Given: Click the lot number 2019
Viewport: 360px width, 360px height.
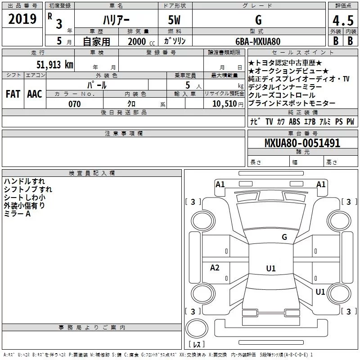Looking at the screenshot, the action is [x=22, y=19].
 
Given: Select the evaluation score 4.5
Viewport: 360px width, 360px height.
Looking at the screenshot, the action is [x=342, y=20].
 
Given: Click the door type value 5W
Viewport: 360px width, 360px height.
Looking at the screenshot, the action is [x=175, y=20].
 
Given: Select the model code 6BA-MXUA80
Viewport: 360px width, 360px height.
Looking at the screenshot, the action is [x=258, y=41].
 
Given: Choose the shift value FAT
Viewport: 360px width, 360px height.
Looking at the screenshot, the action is [x=13, y=94].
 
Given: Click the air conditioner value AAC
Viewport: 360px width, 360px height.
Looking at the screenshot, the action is [x=34, y=94].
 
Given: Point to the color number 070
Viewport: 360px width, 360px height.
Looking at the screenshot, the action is [x=75, y=104].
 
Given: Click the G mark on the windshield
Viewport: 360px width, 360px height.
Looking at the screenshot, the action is [x=284, y=237].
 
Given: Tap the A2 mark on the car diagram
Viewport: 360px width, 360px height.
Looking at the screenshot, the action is [x=215, y=268].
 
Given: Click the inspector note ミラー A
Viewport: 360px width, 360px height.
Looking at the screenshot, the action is [x=17, y=214].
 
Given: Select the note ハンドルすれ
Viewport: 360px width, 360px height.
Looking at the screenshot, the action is [x=24, y=181].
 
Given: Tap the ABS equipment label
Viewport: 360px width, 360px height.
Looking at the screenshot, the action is [x=294, y=122].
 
